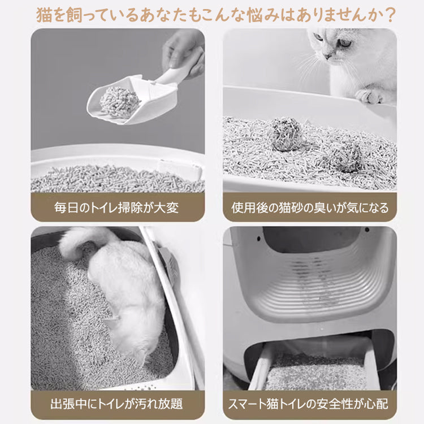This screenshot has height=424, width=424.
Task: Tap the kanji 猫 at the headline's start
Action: pos(44,15)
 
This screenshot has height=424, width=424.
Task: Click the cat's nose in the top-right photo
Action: pos(328,57)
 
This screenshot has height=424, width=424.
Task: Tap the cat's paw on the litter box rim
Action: pos(370,96)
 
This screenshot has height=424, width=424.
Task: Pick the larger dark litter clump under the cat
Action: pos(287,133)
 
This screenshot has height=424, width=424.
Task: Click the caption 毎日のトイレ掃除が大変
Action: pos(116,207)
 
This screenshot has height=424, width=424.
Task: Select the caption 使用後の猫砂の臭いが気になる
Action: pos(310,207)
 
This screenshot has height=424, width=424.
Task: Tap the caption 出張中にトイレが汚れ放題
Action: pos(116,404)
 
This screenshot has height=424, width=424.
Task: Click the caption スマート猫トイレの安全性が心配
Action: pos(308,404)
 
